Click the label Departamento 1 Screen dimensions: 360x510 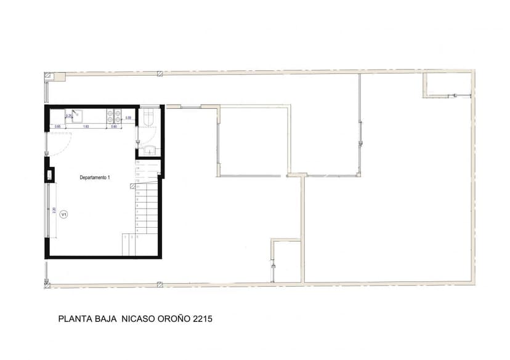coord(95,177)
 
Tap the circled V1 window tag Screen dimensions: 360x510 coord(63,215)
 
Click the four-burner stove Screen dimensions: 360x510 coord(115,114)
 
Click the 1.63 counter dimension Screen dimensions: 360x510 coord(86,127)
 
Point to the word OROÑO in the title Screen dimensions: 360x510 coord(173,319)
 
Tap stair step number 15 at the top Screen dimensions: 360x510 coord(138,162)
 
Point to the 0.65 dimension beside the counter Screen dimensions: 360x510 coord(57,127)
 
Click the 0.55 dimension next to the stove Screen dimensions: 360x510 coord(128,118)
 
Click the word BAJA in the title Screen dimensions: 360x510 coord(105,319)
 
